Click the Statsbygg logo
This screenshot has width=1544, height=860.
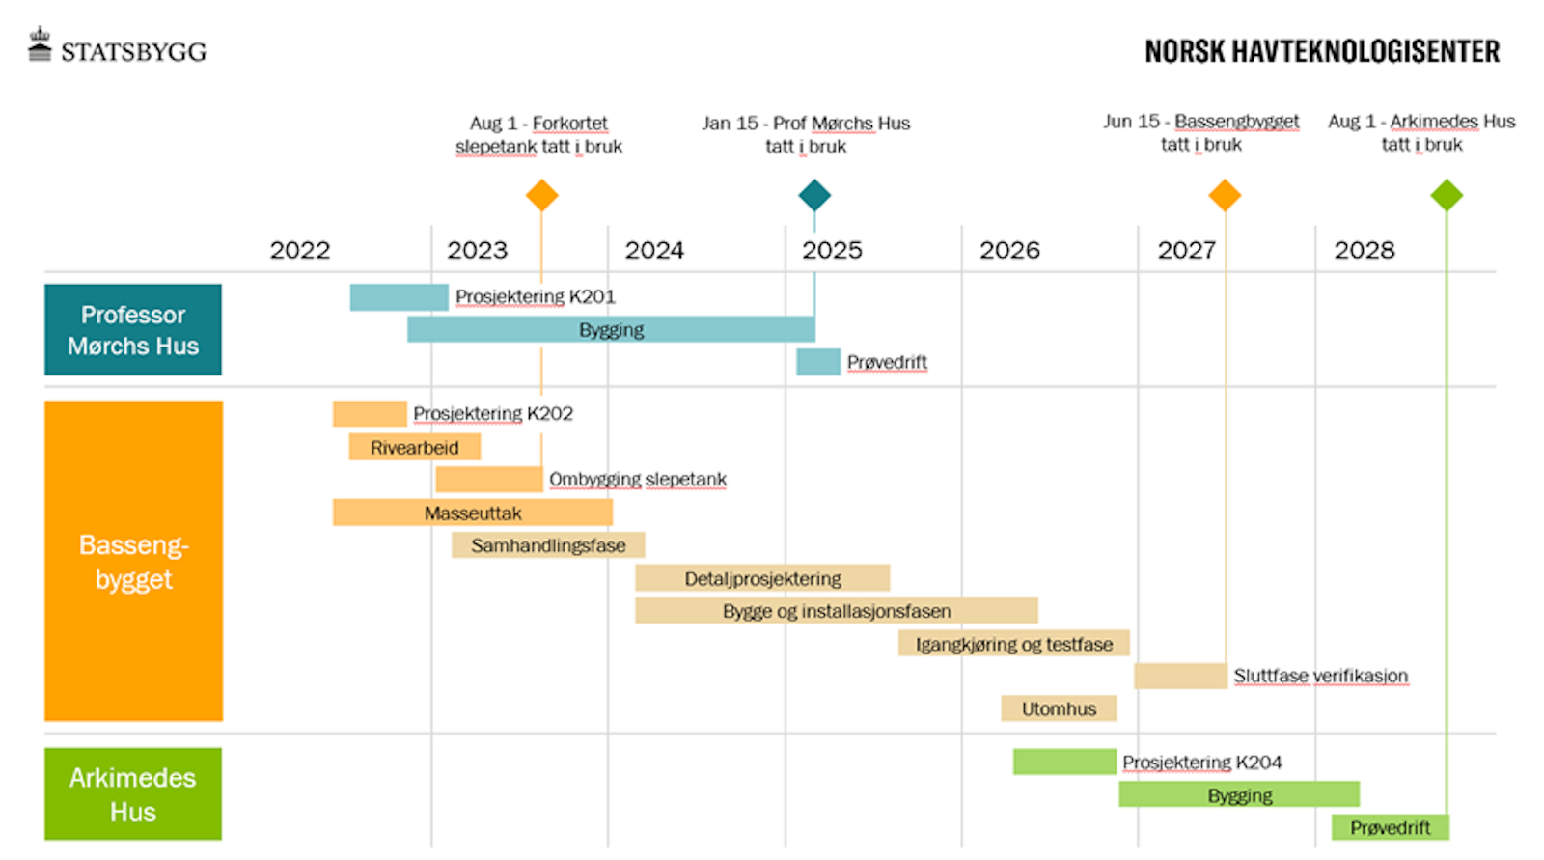click(117, 48)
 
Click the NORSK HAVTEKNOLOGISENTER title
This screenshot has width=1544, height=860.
click(1321, 51)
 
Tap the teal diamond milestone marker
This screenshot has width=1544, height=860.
click(814, 195)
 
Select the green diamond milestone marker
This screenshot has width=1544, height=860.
click(1446, 195)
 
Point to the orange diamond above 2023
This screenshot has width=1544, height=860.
click(541, 195)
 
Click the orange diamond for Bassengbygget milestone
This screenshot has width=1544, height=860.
click(1225, 195)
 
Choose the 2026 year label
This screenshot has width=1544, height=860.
click(1009, 250)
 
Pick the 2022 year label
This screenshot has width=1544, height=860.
click(300, 250)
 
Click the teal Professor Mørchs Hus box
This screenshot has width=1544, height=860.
click(133, 329)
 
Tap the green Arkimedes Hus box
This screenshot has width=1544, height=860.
click(133, 793)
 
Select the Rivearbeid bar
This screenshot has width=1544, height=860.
click(414, 447)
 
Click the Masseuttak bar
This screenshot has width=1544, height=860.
click(473, 513)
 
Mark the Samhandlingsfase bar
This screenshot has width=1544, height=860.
click(547, 545)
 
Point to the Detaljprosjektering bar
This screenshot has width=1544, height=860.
click(762, 578)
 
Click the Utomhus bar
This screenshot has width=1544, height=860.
click(1059, 708)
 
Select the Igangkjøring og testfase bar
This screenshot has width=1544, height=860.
click(1013, 644)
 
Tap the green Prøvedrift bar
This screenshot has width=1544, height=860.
click(1390, 827)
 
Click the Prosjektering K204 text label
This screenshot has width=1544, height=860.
click(1201, 762)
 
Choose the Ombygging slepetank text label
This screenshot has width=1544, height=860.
click(638, 479)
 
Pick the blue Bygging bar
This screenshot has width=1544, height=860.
click(611, 329)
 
